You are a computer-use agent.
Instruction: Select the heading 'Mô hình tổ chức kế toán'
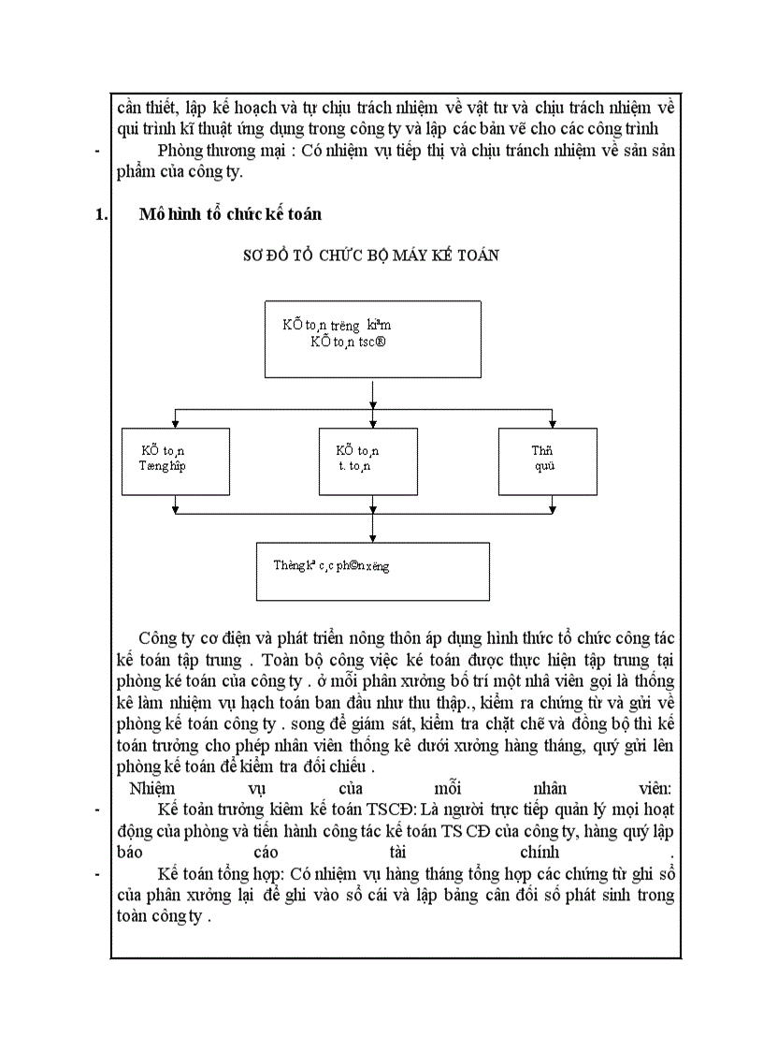pos(230,214)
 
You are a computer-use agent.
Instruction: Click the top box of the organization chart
pos(373,336)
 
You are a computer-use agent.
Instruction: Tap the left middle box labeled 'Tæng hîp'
pos(176,460)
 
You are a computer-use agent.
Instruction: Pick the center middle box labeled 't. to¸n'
pos(373,460)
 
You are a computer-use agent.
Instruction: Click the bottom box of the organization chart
pos(373,571)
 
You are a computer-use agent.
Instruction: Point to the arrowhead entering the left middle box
pos(176,424)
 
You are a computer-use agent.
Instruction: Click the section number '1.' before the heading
pos(103,214)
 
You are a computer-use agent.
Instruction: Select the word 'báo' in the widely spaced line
pos(128,853)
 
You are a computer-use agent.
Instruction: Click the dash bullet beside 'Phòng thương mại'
pos(98,151)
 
